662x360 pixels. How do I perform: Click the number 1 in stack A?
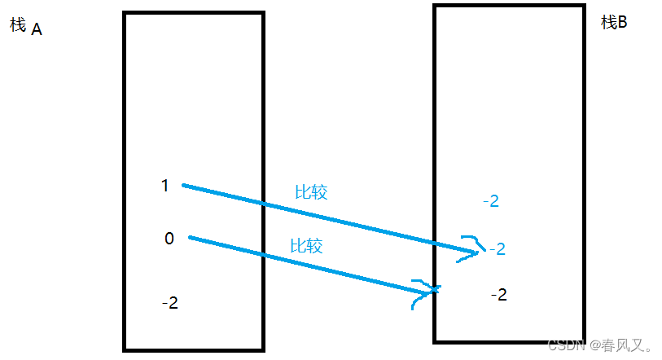[164, 186]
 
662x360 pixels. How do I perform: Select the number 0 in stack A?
[169, 239]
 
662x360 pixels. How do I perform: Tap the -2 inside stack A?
[169, 303]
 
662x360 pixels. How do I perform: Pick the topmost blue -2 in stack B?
[490, 200]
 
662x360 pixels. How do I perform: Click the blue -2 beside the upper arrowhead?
[497, 248]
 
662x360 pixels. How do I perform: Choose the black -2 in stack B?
[498, 294]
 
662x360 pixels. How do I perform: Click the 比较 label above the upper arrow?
[310, 192]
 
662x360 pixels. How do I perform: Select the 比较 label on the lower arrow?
[306, 245]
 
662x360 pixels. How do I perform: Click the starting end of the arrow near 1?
[183, 186]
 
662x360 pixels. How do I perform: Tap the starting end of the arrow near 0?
[191, 238]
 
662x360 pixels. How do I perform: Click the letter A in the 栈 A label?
[37, 29]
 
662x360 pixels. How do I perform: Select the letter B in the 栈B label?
[622, 23]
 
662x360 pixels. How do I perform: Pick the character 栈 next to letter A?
[18, 24]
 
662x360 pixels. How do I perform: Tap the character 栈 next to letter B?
[608, 23]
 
